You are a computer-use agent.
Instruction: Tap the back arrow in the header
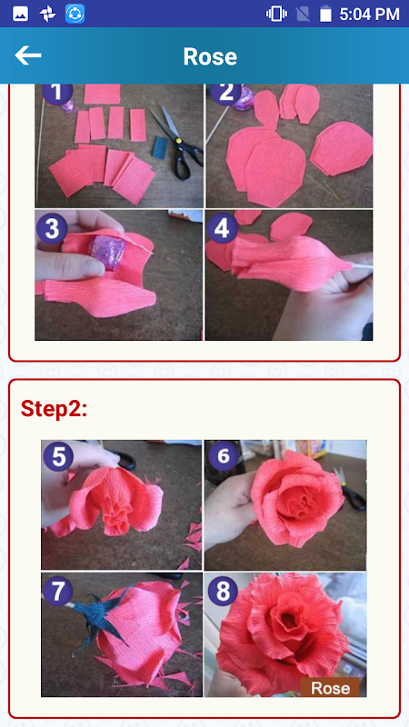coord(28,55)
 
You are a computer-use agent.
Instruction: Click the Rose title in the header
coord(210,56)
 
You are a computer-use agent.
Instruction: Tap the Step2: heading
coord(54,410)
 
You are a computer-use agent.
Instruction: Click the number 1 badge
coord(57,92)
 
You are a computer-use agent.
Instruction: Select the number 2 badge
coord(225,92)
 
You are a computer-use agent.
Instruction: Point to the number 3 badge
coord(52,228)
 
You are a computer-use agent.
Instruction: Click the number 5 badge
coord(58,456)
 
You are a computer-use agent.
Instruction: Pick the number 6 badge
coord(224,456)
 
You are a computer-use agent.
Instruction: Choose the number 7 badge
coord(57,592)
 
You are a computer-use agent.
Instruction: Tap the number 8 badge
coord(223,592)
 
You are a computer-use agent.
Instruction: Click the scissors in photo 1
coord(176,142)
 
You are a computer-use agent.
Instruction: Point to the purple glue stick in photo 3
coord(107,251)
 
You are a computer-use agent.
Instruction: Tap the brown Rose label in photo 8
coord(330,688)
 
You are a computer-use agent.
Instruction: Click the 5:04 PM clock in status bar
coord(369,14)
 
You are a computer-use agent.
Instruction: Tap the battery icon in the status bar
coord(325,14)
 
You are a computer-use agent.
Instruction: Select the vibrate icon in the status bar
coord(276,14)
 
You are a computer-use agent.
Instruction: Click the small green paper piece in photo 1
coord(160,147)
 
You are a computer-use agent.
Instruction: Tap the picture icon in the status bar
coord(20,14)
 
